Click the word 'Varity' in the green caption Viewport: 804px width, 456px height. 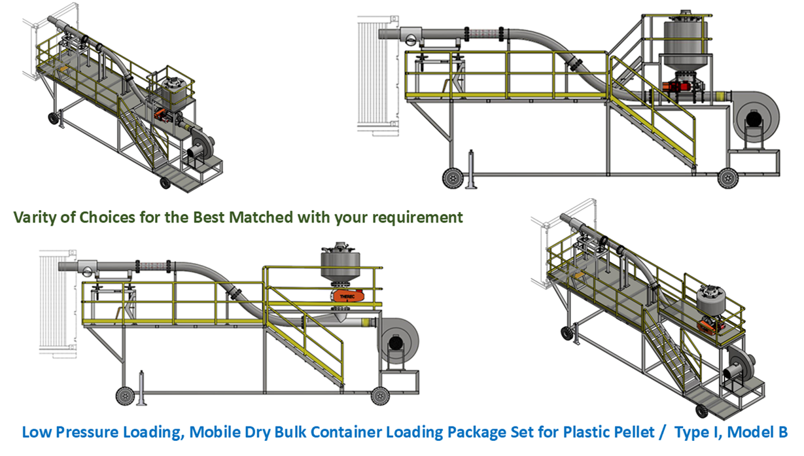[33, 217]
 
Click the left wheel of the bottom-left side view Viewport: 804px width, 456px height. [123, 395]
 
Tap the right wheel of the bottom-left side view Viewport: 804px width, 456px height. [378, 395]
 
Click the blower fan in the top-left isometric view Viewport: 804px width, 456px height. [201, 147]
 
